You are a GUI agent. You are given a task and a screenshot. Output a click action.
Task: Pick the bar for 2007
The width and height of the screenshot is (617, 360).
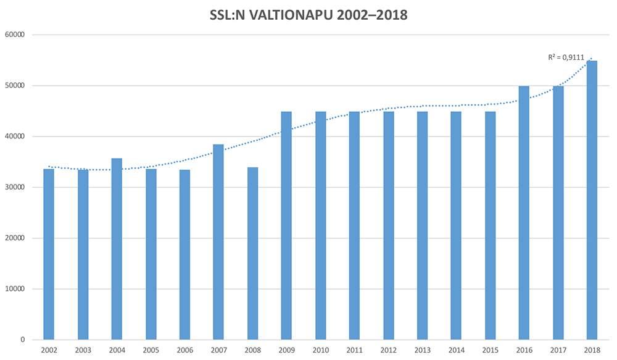[x=218, y=241]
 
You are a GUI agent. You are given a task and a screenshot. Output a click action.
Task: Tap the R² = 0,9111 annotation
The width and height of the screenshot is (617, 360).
[x=566, y=57]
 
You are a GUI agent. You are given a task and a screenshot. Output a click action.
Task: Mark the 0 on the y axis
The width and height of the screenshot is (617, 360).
[x=21, y=340]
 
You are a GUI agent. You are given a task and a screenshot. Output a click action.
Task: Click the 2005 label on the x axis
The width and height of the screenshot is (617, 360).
[x=151, y=350]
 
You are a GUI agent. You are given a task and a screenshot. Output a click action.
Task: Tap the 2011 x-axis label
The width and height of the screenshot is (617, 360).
[x=354, y=350]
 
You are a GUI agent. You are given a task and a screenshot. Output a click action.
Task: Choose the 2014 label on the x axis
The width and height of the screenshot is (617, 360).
[x=456, y=350]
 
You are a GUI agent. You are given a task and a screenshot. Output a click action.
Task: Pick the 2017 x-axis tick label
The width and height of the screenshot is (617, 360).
[x=558, y=350]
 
